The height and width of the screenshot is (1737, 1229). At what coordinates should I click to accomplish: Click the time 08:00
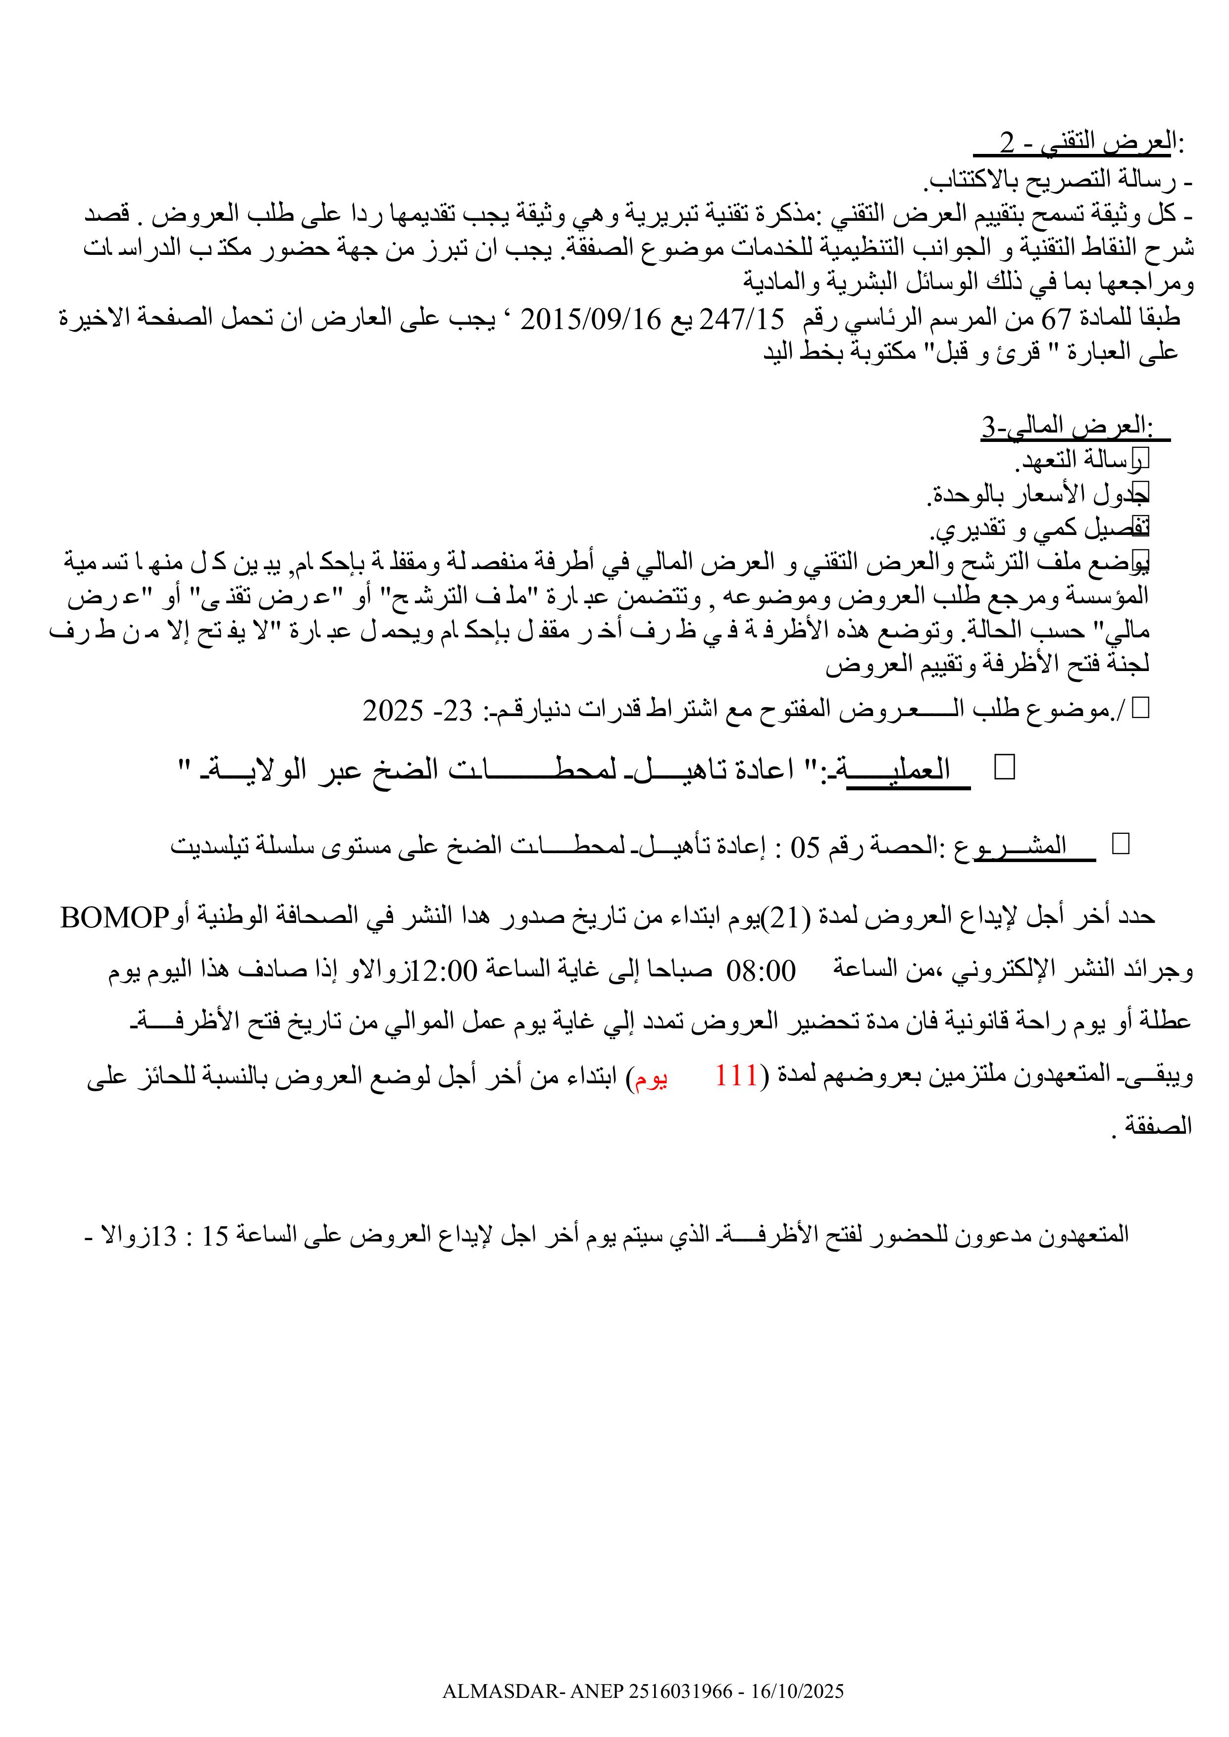tap(761, 970)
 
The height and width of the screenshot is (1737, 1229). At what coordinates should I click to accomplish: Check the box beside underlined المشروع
tap(1121, 844)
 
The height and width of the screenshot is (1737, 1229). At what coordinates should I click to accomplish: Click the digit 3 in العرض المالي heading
tap(989, 428)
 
